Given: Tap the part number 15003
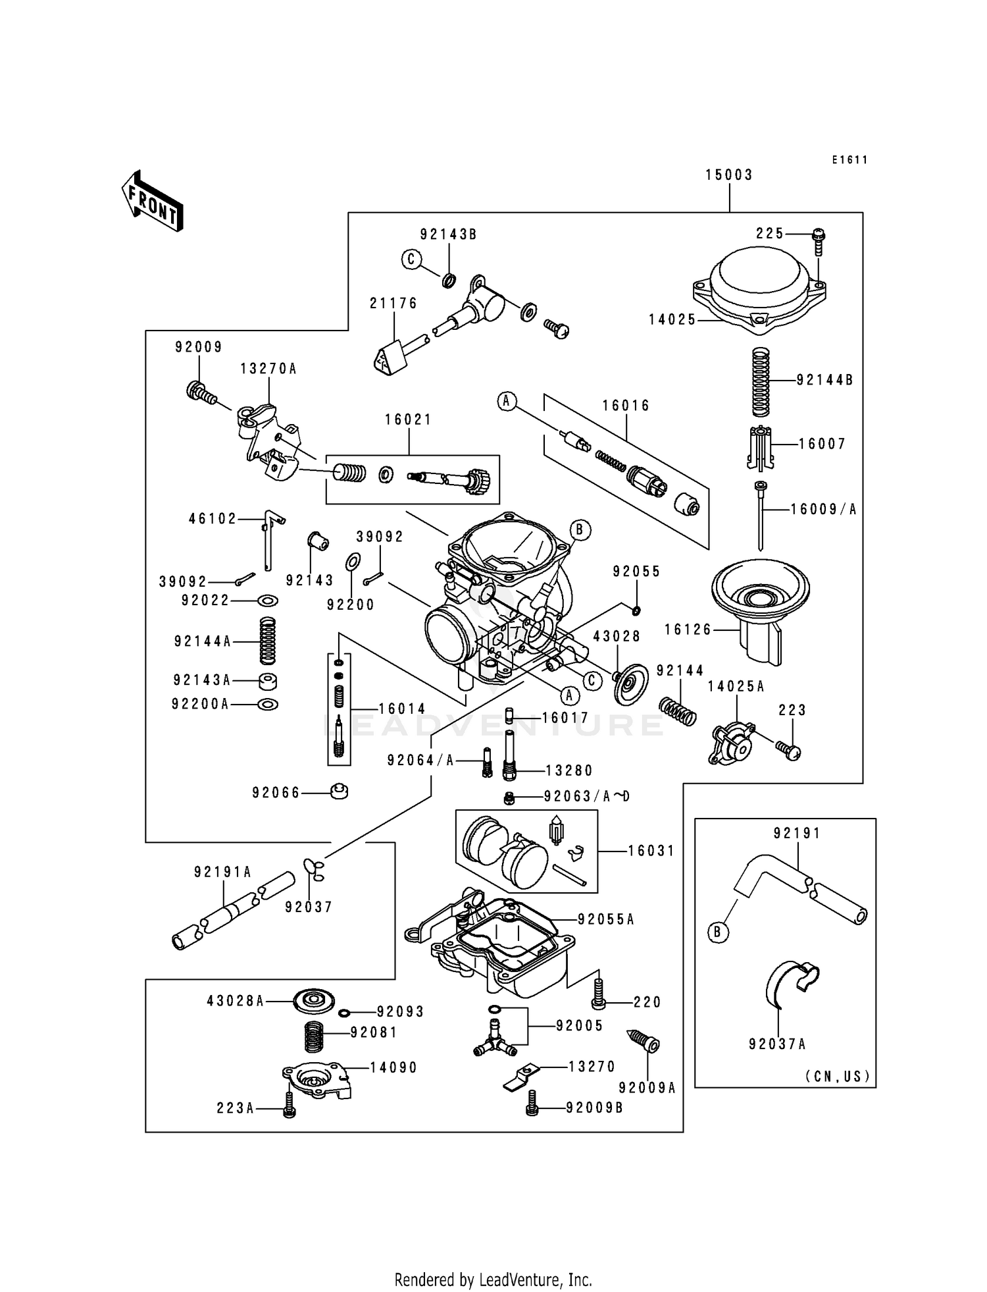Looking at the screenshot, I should click(x=729, y=175).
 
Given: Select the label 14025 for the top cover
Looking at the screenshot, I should click(x=672, y=320).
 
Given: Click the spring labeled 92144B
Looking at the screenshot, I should click(x=761, y=381).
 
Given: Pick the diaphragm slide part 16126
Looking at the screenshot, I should click(x=761, y=612).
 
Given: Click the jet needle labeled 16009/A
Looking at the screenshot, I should click(x=761, y=517).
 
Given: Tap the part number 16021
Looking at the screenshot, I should click(x=408, y=420).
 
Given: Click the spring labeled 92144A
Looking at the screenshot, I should click(x=267, y=641).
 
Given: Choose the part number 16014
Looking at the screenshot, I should click(x=402, y=709).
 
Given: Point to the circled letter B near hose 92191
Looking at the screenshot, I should click(x=719, y=932).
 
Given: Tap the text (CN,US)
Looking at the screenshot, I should click(x=838, y=1076).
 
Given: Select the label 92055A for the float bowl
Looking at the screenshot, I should click(x=605, y=919).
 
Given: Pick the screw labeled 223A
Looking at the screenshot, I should click(x=289, y=1108).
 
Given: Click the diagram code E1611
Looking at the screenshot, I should click(x=849, y=160).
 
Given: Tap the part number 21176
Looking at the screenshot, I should click(x=393, y=304).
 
